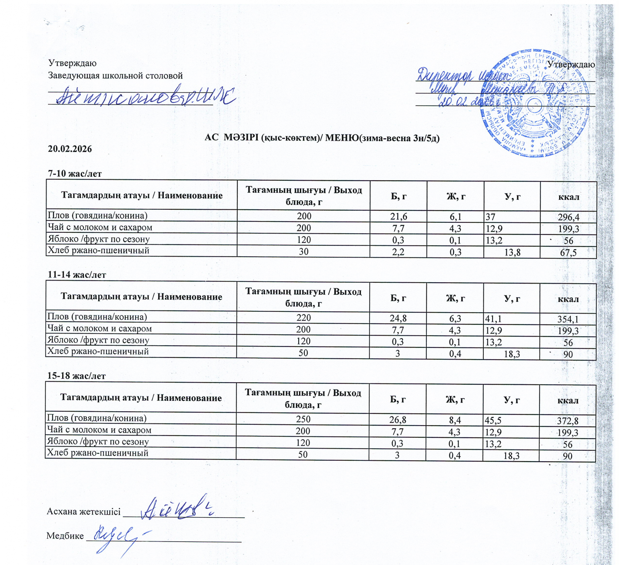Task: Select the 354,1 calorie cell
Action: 568,319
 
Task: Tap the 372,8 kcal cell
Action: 567,421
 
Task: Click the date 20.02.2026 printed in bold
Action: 70,149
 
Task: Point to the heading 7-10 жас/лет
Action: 75,174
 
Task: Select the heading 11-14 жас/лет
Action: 77,275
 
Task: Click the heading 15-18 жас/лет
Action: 76,376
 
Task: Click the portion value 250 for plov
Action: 303,420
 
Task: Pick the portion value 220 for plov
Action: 303,318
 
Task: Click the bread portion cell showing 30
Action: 303,251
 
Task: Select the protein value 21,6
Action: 399,216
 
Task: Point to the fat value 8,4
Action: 455,420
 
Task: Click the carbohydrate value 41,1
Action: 493,318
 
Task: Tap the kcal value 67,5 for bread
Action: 568,253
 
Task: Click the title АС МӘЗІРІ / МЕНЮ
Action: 322,138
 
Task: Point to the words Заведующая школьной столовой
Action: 115,76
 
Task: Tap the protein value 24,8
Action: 398,318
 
